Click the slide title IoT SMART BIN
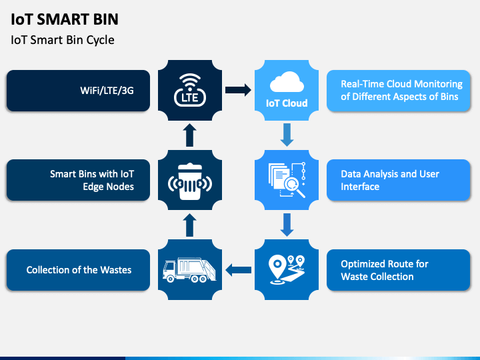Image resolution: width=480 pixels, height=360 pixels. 65,19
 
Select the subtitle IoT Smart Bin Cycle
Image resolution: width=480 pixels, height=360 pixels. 63,40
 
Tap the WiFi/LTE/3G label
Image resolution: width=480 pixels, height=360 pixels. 107,91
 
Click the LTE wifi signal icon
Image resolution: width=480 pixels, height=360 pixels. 190,90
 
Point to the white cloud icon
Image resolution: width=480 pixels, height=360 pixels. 287,82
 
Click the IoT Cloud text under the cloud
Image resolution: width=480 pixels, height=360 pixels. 287,103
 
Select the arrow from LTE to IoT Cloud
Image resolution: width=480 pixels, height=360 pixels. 238,90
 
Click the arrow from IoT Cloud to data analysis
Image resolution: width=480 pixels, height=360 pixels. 287,135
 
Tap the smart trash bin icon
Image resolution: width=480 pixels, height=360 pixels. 190,181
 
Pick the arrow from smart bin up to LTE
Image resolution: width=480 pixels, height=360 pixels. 190,135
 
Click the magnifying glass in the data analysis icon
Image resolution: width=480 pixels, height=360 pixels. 294,187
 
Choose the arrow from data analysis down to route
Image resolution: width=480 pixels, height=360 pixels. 287,225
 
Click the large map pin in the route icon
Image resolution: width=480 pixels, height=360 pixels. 277,266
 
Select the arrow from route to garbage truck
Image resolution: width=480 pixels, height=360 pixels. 238,270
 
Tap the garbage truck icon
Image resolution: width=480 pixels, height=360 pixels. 189,270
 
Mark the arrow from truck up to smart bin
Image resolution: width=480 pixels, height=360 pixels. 190,225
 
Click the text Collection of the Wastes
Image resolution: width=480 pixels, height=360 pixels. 79,270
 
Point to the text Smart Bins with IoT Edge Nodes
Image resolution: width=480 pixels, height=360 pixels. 92,180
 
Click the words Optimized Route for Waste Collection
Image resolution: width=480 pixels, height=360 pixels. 385,270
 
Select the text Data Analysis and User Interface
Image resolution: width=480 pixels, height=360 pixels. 390,180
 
